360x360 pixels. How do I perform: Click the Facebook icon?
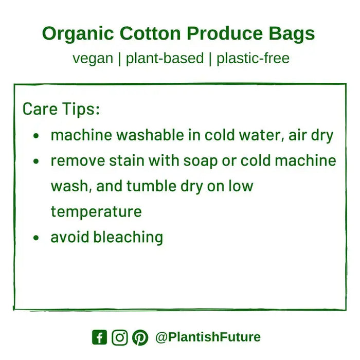point(100,337)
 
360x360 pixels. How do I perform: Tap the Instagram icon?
point(119,337)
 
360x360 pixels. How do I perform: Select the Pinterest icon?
point(140,337)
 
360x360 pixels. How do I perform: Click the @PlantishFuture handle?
point(208,337)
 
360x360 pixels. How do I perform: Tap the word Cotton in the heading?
point(150,34)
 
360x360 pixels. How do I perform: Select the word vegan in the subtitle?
point(93,58)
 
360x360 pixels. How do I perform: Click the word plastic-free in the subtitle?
point(253,58)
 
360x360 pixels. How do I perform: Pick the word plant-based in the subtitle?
point(165,58)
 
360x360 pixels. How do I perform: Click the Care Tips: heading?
point(61,109)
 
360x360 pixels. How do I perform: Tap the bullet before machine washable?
point(36,136)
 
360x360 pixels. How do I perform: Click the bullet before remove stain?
point(36,161)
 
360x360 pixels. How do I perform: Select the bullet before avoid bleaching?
point(36,238)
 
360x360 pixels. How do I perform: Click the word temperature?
point(96,211)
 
